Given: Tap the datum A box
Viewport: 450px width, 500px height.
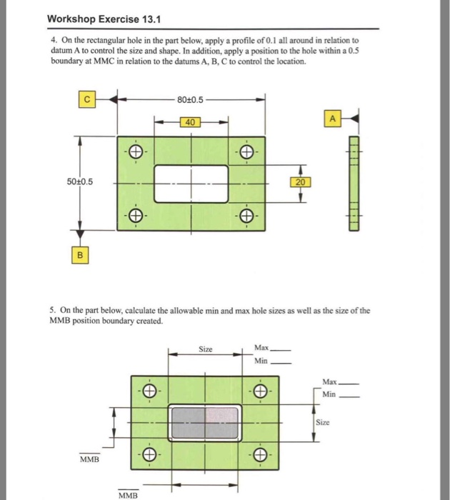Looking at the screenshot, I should [x=332, y=118].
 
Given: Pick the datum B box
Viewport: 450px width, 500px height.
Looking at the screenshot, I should [x=80, y=254].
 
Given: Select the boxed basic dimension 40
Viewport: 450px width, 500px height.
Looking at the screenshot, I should [x=190, y=122].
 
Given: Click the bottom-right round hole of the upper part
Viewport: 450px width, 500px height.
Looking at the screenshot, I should [x=246, y=215].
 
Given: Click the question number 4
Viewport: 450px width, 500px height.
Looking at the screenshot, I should [x=54, y=41].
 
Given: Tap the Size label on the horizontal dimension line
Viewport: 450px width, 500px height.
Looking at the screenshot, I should [x=206, y=350].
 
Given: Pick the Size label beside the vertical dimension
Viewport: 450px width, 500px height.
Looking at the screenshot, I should [x=323, y=422].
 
